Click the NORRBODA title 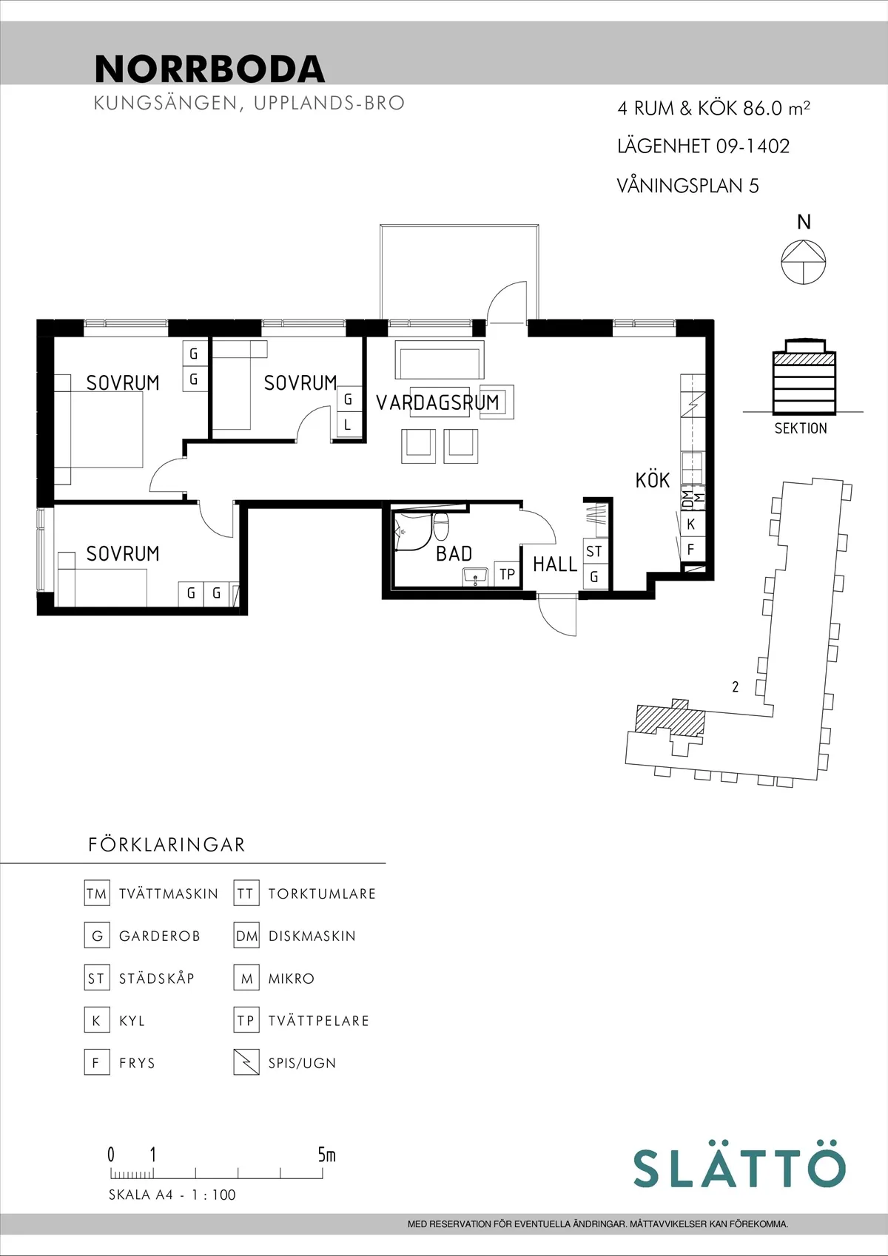[x=209, y=69]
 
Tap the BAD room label [x=454, y=553]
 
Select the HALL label [x=554, y=564]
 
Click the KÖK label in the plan [x=652, y=480]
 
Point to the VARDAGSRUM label [x=437, y=402]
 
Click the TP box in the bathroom [x=507, y=574]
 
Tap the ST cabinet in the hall [x=594, y=551]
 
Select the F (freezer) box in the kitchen [x=690, y=550]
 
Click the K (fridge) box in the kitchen [x=690, y=524]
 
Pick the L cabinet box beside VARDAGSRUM [x=348, y=425]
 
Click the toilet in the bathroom [x=441, y=526]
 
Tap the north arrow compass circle [x=804, y=262]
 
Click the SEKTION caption [x=801, y=428]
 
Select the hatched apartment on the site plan [x=670, y=718]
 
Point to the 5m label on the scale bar [x=326, y=1155]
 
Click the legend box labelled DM [x=246, y=936]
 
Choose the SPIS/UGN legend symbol [x=246, y=1062]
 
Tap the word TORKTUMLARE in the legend [x=322, y=894]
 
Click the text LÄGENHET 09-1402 [x=703, y=146]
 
